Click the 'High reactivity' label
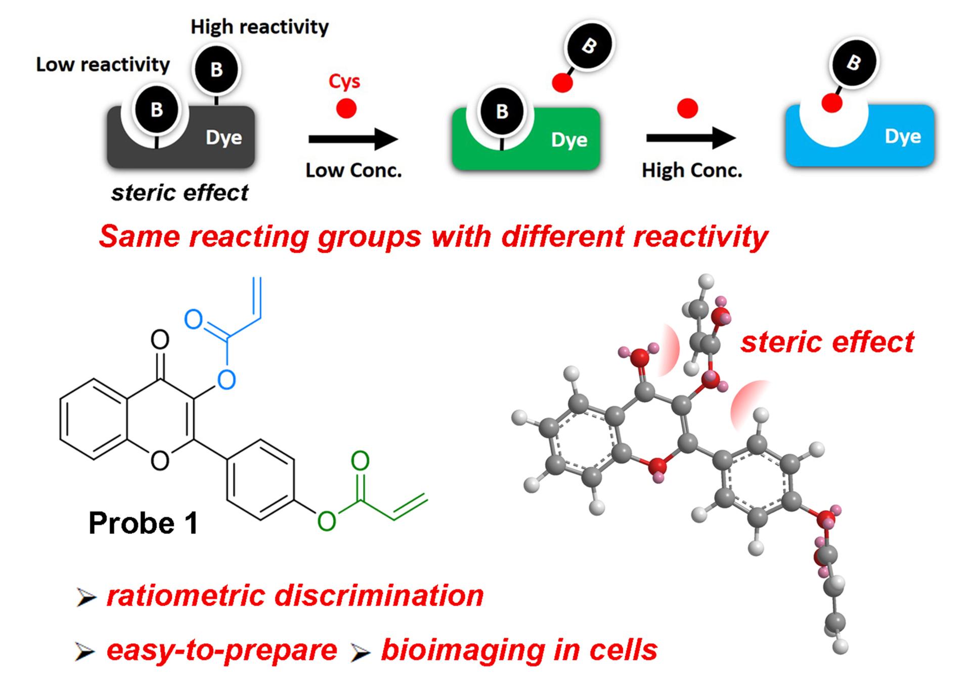[259, 27]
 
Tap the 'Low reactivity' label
[103, 65]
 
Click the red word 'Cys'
[344, 81]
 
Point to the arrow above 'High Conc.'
[691, 138]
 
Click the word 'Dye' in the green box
[569, 140]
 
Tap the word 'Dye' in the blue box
[903, 136]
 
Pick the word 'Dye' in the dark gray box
[224, 138]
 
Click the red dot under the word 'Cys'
[346, 108]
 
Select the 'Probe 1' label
[143, 523]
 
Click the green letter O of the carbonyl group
[360, 460]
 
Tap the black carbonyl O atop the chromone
[160, 339]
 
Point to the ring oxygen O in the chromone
[160, 461]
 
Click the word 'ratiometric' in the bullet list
[185, 595]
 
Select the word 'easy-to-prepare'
[222, 650]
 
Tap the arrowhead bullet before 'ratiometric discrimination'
[86, 597]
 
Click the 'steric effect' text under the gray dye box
[180, 193]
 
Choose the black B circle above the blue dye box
[854, 63]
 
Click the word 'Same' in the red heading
[139, 236]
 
